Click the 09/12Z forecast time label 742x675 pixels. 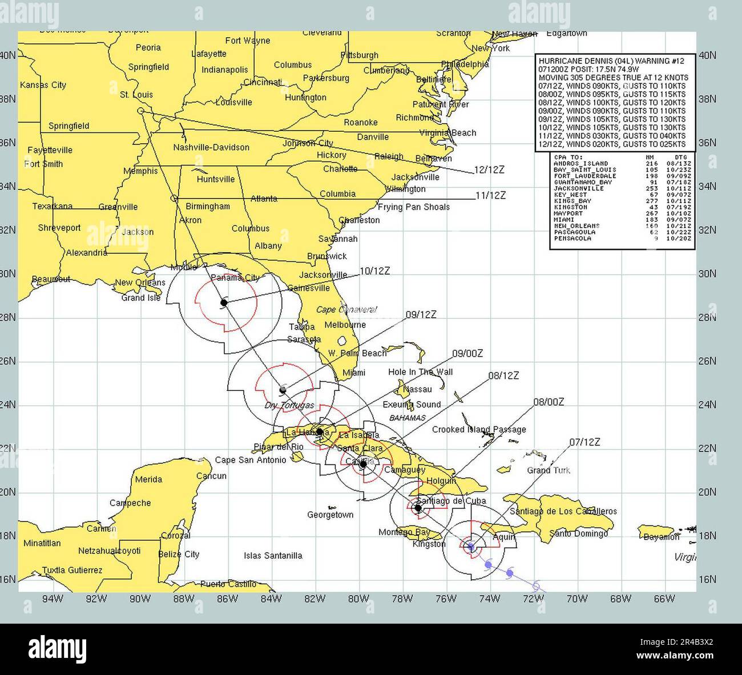pos(421,314)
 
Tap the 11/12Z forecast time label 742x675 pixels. pos(490,195)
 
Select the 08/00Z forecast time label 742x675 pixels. pos(549,402)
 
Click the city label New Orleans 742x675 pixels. pos(140,282)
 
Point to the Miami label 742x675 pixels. pos(354,373)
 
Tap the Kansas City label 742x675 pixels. pos(43,85)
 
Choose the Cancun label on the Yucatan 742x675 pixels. pos(211,475)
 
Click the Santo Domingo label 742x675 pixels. pos(578,533)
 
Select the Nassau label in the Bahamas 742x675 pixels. pos(417,389)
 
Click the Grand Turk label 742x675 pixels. pos(548,470)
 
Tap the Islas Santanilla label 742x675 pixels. pos(273,555)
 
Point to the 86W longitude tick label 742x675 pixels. pos(227,599)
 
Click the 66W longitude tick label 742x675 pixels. pos(664,599)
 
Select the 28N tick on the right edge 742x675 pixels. pos(707,318)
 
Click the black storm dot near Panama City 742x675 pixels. pos(224,302)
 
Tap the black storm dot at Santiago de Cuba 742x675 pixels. pos(418,508)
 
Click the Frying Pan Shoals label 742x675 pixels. pos(413,207)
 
